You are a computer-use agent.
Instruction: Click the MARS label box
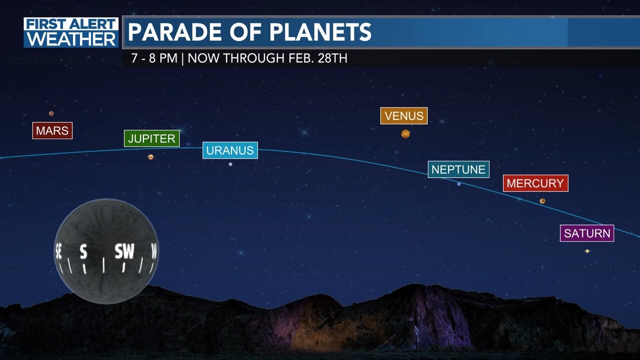tap(52, 131)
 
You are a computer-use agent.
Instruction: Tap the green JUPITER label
tap(151, 138)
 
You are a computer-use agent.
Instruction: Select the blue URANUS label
tap(230, 150)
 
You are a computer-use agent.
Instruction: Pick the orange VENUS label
tap(404, 116)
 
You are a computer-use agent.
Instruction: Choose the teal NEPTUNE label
tap(458, 169)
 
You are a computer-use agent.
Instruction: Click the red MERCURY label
tap(535, 183)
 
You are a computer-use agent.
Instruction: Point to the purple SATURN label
tap(587, 233)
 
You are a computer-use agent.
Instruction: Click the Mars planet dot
tap(51, 113)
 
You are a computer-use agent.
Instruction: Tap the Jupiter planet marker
tap(150, 157)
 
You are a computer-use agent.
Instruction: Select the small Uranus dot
tap(230, 164)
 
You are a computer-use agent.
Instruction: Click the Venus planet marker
tap(405, 133)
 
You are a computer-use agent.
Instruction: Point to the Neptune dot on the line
tap(459, 184)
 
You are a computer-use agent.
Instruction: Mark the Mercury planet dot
tap(542, 201)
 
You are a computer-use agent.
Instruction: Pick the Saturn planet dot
tap(587, 251)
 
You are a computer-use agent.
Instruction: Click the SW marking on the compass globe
tap(124, 251)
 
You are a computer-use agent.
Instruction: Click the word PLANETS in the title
tap(320, 32)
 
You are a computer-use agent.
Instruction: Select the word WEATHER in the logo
tap(71, 39)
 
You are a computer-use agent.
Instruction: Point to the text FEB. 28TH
tap(318, 58)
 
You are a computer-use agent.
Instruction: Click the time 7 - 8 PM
tap(154, 58)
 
